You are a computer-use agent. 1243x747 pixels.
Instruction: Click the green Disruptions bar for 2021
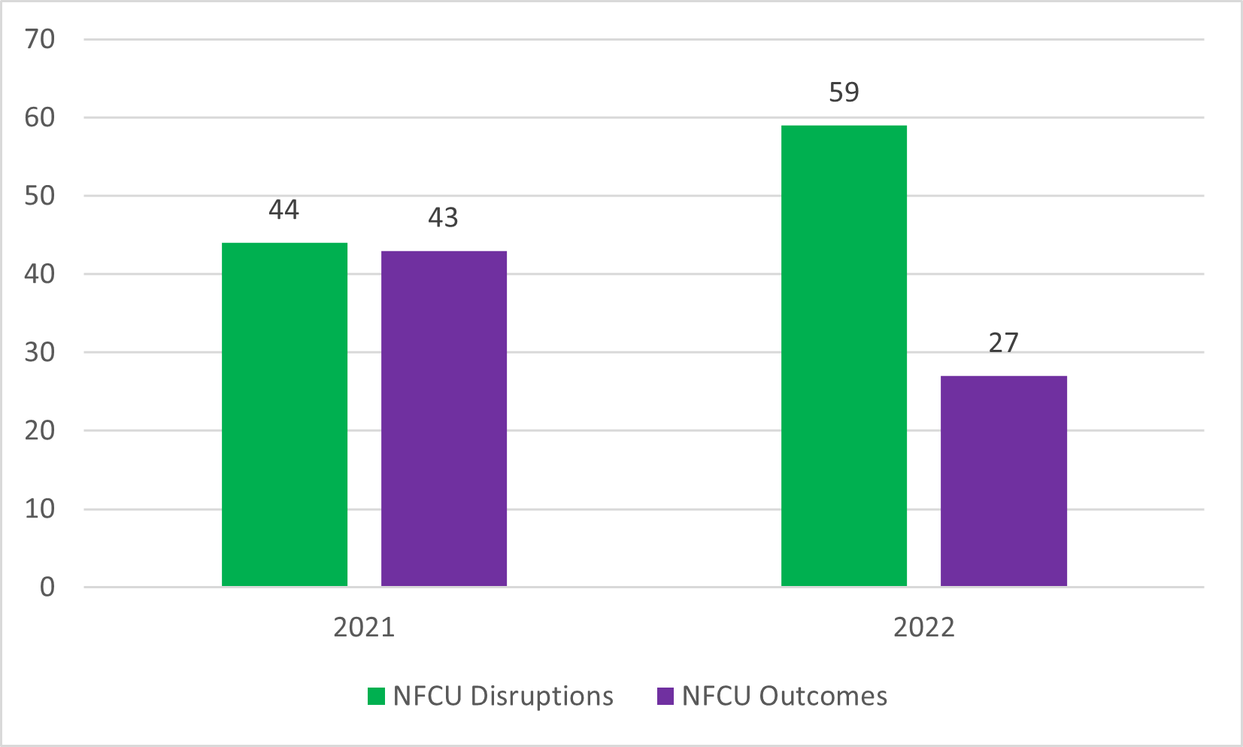(284, 414)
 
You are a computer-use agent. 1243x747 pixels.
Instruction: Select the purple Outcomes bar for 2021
(444, 418)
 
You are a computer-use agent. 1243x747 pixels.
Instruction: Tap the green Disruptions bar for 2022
(844, 356)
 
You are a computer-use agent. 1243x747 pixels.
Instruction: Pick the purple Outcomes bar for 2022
(1003, 481)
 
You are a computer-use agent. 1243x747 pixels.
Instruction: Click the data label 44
(284, 210)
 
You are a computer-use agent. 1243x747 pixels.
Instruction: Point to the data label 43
(443, 218)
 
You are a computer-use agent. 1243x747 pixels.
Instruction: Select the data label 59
(844, 93)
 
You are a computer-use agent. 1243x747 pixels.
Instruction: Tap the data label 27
(1003, 343)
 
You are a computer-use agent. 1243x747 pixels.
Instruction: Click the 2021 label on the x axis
(364, 627)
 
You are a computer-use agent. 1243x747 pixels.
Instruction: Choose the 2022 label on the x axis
(923, 627)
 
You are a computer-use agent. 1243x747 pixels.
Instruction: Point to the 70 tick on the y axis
(40, 39)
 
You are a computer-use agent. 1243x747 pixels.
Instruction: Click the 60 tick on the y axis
(40, 117)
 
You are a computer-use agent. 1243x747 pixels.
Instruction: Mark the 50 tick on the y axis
(40, 196)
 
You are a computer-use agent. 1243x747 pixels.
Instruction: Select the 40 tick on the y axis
(40, 274)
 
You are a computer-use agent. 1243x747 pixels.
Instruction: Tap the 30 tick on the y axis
(40, 352)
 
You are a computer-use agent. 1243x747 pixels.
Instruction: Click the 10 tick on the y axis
(40, 509)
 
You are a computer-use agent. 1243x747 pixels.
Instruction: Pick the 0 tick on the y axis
(47, 588)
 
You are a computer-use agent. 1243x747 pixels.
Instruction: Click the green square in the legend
(376, 697)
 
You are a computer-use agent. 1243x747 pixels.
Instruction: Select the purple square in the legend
(665, 697)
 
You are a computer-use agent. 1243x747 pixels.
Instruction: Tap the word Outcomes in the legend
(823, 697)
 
